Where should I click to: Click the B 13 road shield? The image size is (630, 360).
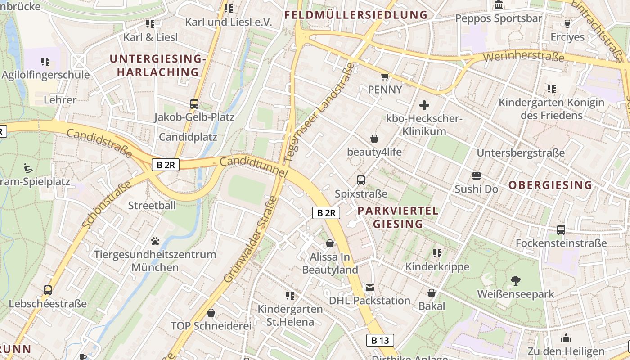380,340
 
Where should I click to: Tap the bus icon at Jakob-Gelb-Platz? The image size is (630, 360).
194,104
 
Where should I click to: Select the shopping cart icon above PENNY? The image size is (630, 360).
385,77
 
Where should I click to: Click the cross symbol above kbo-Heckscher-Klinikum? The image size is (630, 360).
424,106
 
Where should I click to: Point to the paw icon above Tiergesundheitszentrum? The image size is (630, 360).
155,241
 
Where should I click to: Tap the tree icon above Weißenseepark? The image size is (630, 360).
516,281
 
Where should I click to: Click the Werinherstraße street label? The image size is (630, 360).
524,57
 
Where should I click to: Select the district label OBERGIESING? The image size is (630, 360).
550,185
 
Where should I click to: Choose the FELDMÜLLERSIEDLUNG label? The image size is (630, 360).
355,15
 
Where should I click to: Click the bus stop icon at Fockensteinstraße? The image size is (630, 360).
561,230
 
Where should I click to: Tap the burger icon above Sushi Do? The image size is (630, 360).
477,175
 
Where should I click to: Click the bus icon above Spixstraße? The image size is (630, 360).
361,180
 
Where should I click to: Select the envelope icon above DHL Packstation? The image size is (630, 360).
369,288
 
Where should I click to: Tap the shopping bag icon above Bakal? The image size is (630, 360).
432,293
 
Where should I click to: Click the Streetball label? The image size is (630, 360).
152,206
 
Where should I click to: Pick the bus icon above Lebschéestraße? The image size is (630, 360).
48,290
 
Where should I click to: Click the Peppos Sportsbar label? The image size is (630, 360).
499,18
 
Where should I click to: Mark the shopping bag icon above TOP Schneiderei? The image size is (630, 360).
211,313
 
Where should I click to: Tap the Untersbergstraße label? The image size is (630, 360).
521,153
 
